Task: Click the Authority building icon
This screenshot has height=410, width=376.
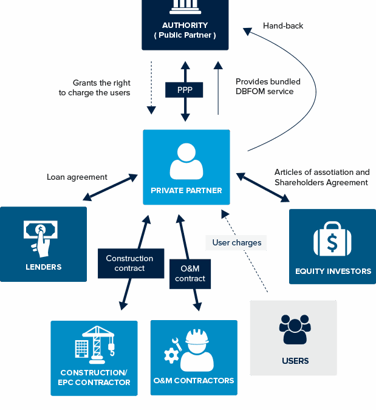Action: coord(185,6)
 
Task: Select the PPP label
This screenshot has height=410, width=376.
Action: coord(185,90)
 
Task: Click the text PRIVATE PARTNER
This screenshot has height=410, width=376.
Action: coord(186,191)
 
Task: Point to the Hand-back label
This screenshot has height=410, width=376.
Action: coord(283,26)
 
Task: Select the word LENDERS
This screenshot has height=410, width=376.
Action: coord(44,267)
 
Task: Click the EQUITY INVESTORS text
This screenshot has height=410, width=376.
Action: coord(333,271)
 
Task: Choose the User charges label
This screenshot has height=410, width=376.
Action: coord(236,243)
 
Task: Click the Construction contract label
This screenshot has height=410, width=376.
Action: coord(129,263)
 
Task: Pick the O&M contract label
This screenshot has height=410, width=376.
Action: coord(190,273)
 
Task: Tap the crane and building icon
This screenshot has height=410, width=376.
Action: coord(94,344)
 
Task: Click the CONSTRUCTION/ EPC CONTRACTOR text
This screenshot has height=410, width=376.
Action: coord(94,377)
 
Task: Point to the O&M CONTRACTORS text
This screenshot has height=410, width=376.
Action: coord(194,381)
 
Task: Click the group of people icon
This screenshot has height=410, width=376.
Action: coord(295,329)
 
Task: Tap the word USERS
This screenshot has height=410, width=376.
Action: coord(295,361)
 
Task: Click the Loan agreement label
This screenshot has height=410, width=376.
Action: coord(77,177)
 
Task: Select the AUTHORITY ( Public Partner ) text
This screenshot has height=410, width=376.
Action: coord(185,30)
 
